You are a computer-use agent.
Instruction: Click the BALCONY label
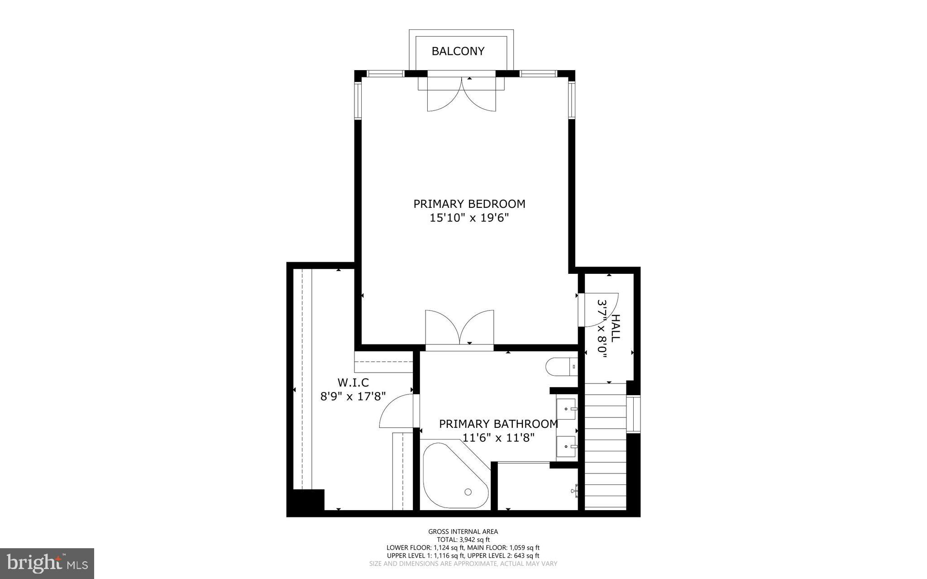[x=458, y=51]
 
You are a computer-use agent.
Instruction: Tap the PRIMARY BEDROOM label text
[x=469, y=204]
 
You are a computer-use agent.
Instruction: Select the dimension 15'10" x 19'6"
[x=469, y=218]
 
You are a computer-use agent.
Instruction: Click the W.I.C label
[x=353, y=383]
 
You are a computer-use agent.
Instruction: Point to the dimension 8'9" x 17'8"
[x=353, y=397]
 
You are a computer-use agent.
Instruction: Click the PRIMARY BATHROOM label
[x=498, y=424]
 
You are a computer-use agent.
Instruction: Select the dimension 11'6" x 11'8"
[x=498, y=438]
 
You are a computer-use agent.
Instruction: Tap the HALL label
[x=615, y=328]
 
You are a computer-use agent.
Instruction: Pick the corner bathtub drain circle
[x=468, y=492]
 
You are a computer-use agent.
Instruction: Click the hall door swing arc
[x=600, y=310]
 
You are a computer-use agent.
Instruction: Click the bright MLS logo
[x=47, y=563]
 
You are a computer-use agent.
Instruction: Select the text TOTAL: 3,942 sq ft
[x=463, y=540]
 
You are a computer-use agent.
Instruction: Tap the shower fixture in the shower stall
[x=575, y=490]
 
